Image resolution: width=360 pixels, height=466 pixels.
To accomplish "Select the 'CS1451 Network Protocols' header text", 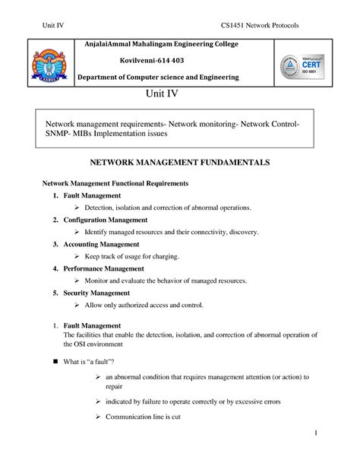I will point(260,27).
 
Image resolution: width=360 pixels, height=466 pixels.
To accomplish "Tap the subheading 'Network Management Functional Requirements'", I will point(115,184).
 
